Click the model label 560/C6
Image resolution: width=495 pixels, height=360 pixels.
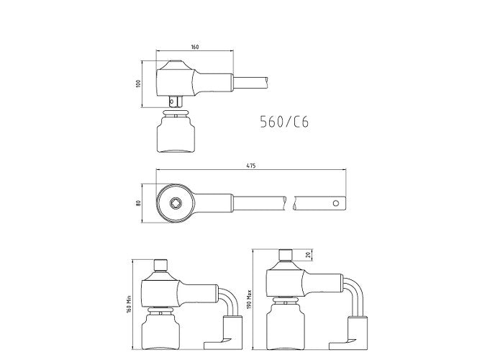pyautogui.click(x=284, y=122)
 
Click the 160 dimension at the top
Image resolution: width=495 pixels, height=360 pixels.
pyautogui.click(x=195, y=47)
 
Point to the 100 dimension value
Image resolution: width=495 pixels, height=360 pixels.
pyautogui.click(x=137, y=84)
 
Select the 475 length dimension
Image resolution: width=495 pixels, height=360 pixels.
pyautogui.click(x=250, y=166)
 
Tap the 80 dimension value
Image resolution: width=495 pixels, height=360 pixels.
pyautogui.click(x=137, y=203)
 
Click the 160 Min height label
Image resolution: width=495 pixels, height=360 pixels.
pyautogui.click(x=129, y=305)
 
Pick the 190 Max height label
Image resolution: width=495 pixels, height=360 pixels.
pyautogui.click(x=249, y=300)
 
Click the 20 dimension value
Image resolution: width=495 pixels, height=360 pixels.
pyautogui.click(x=309, y=254)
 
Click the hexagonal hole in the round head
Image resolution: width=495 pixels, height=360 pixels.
pyautogui.click(x=176, y=203)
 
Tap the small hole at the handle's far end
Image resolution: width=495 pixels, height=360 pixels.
pyautogui.click(x=336, y=203)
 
